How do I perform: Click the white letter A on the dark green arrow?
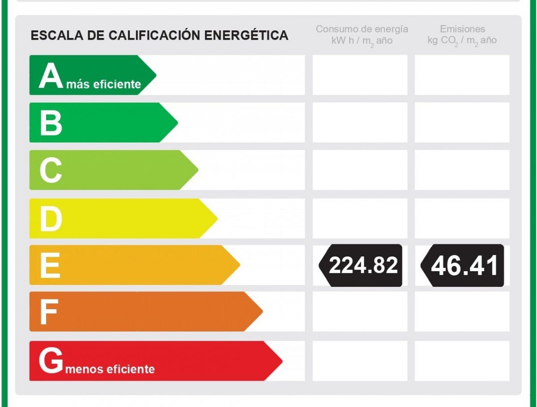tap(51, 76)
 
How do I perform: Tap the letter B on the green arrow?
tap(51, 123)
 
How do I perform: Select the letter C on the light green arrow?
tap(51, 170)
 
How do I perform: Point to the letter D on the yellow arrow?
tap(51, 219)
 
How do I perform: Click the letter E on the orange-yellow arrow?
tap(50, 265)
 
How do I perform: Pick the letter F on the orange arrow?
tap(49, 312)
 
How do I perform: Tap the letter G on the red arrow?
tap(51, 361)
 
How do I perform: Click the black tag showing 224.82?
tap(360, 265)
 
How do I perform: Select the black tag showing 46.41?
tap(462, 265)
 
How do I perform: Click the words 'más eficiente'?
tap(104, 84)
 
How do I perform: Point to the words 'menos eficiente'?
tap(110, 369)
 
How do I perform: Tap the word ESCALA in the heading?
tap(57, 35)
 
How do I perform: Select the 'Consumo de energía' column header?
tap(362, 29)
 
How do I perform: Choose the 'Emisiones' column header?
tap(462, 29)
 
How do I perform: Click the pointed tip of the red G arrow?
tap(282, 361)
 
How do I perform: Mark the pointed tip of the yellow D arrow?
tap(217, 218)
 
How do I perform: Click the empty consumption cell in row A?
tap(360, 75)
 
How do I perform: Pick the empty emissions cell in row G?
tap(462, 361)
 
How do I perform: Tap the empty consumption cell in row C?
tap(360, 170)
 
